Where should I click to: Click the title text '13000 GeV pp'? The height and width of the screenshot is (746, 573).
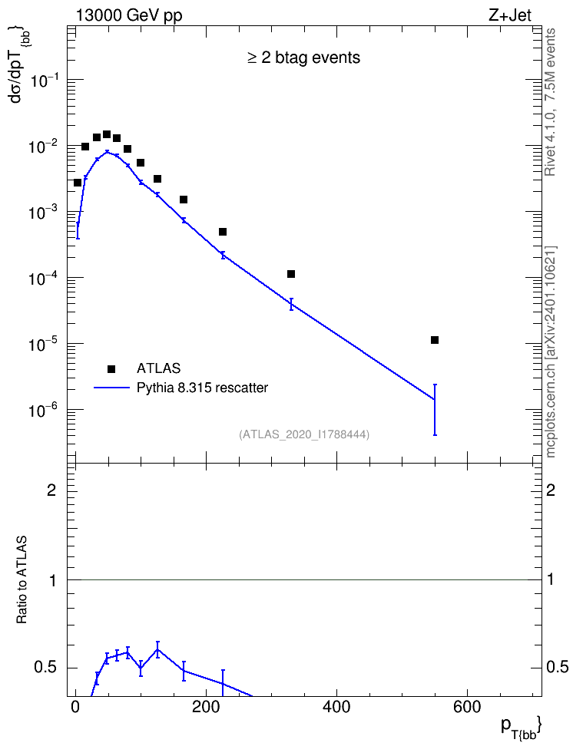click(x=129, y=15)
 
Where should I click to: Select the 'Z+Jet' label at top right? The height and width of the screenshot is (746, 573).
click(x=509, y=15)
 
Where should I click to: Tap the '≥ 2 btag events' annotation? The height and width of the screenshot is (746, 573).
click(x=304, y=58)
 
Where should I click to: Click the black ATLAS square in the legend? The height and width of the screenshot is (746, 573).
click(x=111, y=368)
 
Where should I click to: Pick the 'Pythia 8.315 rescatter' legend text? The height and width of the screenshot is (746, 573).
click(x=203, y=388)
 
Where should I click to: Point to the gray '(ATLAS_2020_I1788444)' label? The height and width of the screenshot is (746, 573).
click(x=304, y=434)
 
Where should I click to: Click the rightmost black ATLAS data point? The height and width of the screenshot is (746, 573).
click(x=435, y=340)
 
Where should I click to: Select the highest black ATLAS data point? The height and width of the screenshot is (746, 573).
click(x=107, y=134)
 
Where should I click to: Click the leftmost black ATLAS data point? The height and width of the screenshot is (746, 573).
click(x=77, y=183)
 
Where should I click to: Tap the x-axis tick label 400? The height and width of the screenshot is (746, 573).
click(x=336, y=707)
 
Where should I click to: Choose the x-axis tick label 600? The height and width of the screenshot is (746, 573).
click(x=467, y=707)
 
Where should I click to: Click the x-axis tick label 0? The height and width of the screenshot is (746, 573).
click(x=75, y=707)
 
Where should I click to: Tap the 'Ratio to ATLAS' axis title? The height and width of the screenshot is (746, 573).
click(x=22, y=579)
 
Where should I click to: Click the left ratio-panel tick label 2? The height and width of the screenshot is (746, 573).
click(x=51, y=490)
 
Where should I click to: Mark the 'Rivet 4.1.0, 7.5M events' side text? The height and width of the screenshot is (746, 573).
click(x=550, y=102)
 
